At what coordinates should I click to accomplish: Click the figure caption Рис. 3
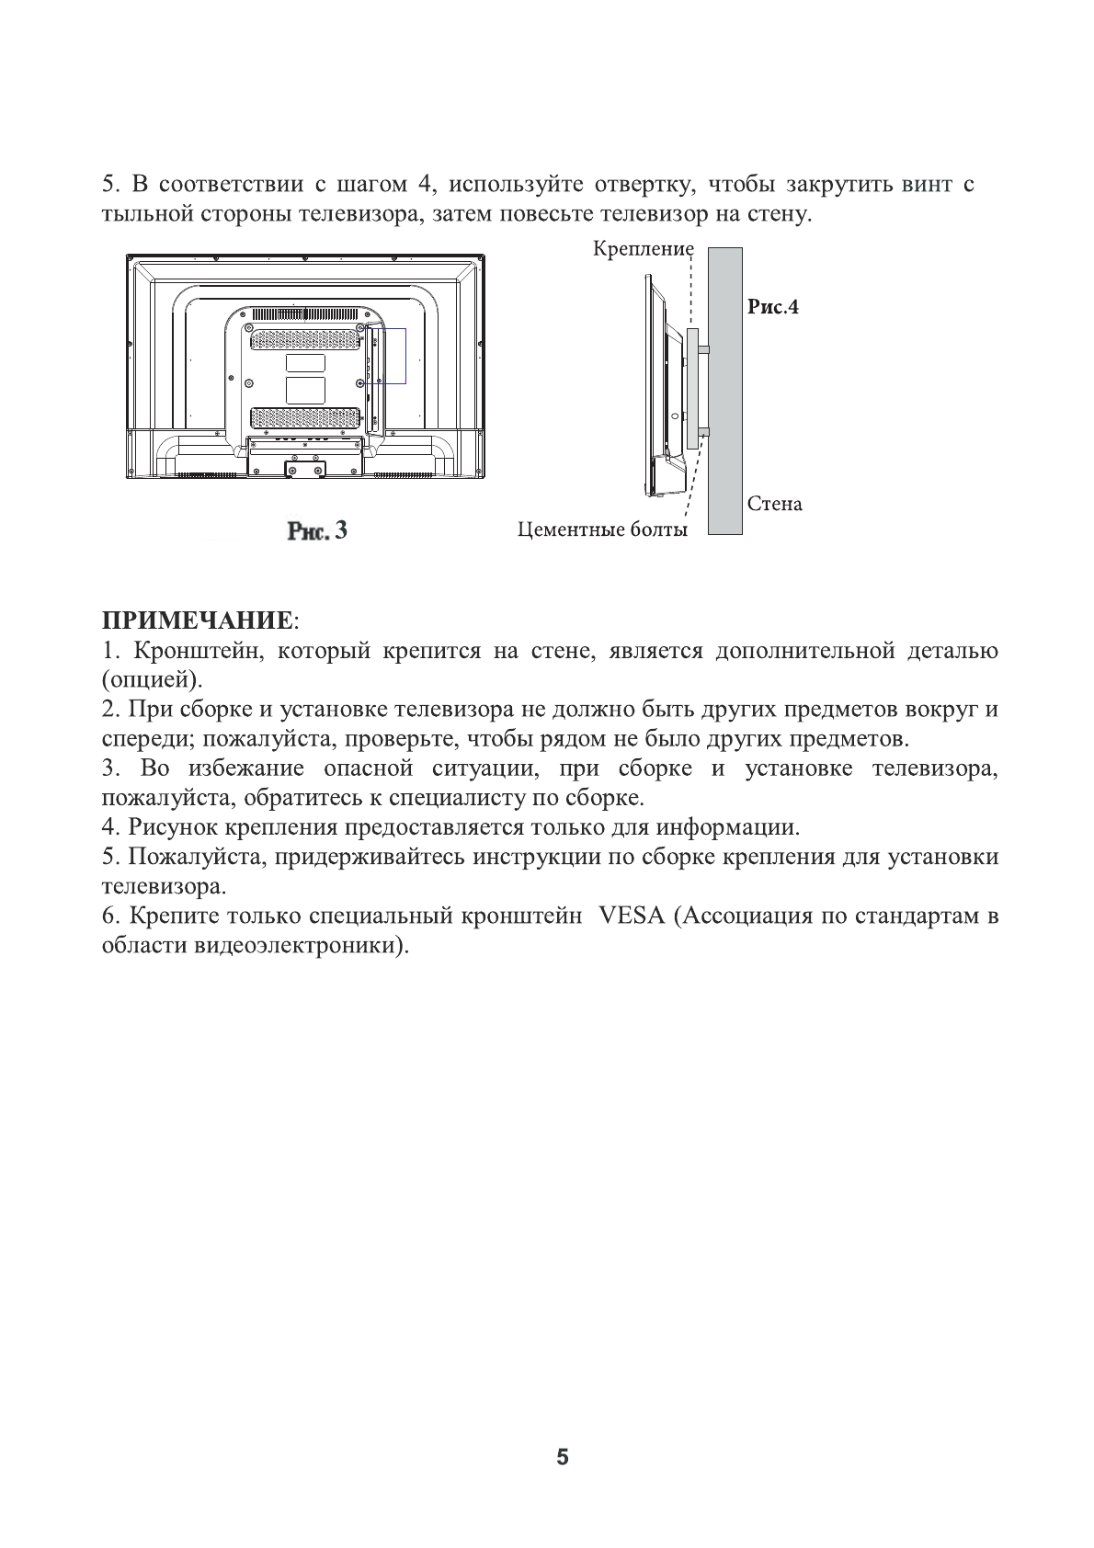coord(317,530)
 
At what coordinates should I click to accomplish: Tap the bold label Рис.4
coord(772,307)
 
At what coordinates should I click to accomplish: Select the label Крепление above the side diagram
coord(643,249)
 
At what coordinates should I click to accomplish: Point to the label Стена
coord(774,504)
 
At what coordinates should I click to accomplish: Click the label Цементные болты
coord(602,530)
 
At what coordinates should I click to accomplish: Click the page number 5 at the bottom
coord(563,1458)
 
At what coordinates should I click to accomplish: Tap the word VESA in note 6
coord(631,917)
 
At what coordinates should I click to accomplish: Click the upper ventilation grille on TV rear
coord(305,340)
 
